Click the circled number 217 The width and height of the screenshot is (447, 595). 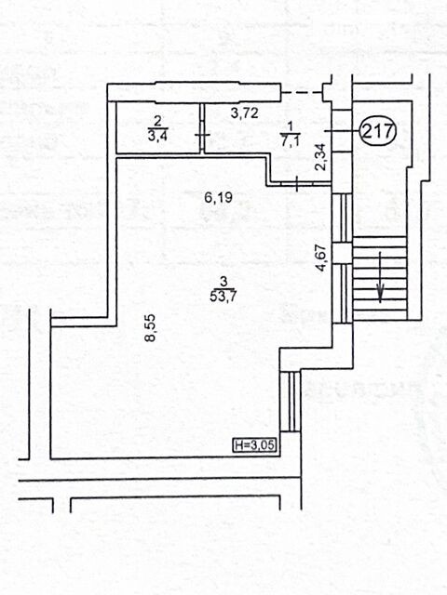point(378,131)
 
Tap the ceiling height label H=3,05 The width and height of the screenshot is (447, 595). point(254,444)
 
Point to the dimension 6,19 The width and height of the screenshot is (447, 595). point(218,197)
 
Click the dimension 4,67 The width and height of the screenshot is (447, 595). point(321,258)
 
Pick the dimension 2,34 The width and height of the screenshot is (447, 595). point(320,157)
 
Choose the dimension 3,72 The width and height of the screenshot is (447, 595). point(245,113)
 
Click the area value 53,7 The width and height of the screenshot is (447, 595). point(223,296)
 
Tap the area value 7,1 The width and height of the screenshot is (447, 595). point(291,141)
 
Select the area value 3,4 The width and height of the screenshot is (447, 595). point(157,136)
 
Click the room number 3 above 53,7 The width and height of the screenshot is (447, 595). point(223,282)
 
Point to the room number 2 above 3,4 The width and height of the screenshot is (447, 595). point(157,122)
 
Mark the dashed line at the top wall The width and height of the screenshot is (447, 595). point(301,92)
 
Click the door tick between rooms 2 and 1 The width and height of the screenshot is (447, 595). point(202,135)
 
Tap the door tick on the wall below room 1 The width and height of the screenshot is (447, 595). point(297,184)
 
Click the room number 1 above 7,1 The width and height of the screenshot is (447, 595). point(291,126)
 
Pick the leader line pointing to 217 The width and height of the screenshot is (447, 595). point(342,131)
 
